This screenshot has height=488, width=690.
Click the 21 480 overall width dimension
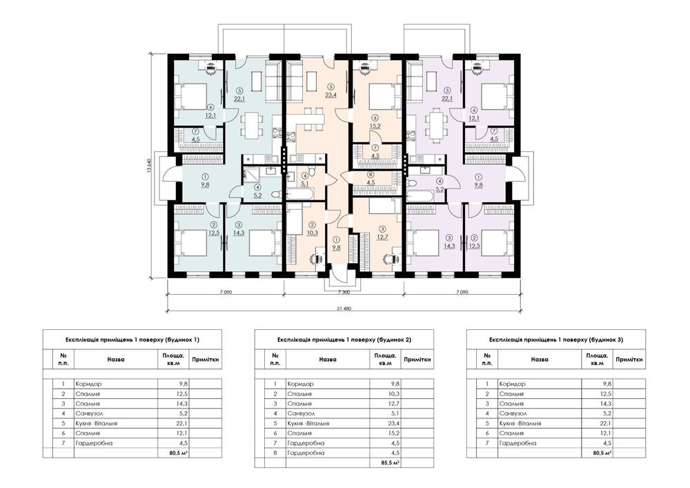click(x=345, y=309)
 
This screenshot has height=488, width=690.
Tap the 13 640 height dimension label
click(x=150, y=166)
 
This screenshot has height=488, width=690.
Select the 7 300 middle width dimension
click(x=344, y=292)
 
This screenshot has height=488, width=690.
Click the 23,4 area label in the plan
click(x=331, y=95)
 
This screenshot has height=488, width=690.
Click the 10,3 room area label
click(x=312, y=233)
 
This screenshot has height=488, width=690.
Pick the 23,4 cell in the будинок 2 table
click(x=395, y=423)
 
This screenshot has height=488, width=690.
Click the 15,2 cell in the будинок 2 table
click(x=395, y=433)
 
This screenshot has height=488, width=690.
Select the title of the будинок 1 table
click(x=132, y=340)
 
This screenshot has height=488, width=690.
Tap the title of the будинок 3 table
click(x=556, y=340)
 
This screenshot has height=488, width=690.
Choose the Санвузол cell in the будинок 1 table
click(x=88, y=413)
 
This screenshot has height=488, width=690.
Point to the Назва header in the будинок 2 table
click(x=328, y=360)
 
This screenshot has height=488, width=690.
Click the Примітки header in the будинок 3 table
click(x=629, y=360)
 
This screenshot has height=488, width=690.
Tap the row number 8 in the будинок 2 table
click(x=275, y=453)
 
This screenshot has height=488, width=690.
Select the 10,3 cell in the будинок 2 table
click(x=395, y=394)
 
